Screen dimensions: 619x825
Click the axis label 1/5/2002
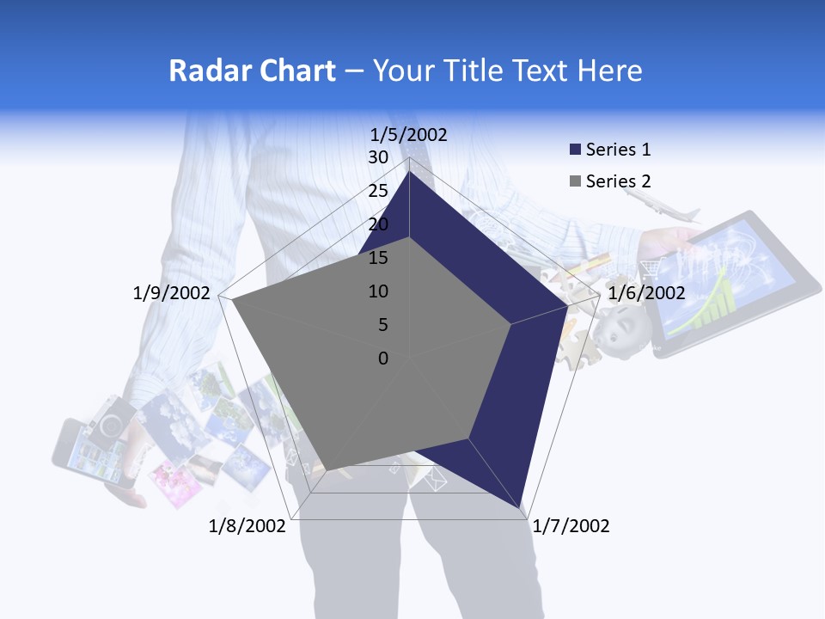(x=409, y=134)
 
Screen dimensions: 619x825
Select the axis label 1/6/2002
(x=646, y=293)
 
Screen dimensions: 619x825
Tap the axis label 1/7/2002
(x=571, y=526)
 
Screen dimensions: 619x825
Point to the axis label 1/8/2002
(x=247, y=526)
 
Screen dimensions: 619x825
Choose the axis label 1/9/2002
(x=172, y=293)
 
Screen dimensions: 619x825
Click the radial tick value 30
(x=378, y=157)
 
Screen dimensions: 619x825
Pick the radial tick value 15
(x=378, y=258)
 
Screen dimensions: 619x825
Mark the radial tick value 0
(x=383, y=359)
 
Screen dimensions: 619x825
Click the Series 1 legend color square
(x=576, y=150)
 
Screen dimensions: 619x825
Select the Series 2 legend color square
(x=576, y=181)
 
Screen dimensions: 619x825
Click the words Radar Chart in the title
(x=252, y=70)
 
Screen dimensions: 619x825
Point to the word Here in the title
(x=610, y=70)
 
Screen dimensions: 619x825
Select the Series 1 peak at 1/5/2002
(x=409, y=173)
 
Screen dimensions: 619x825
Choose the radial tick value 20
(x=378, y=224)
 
